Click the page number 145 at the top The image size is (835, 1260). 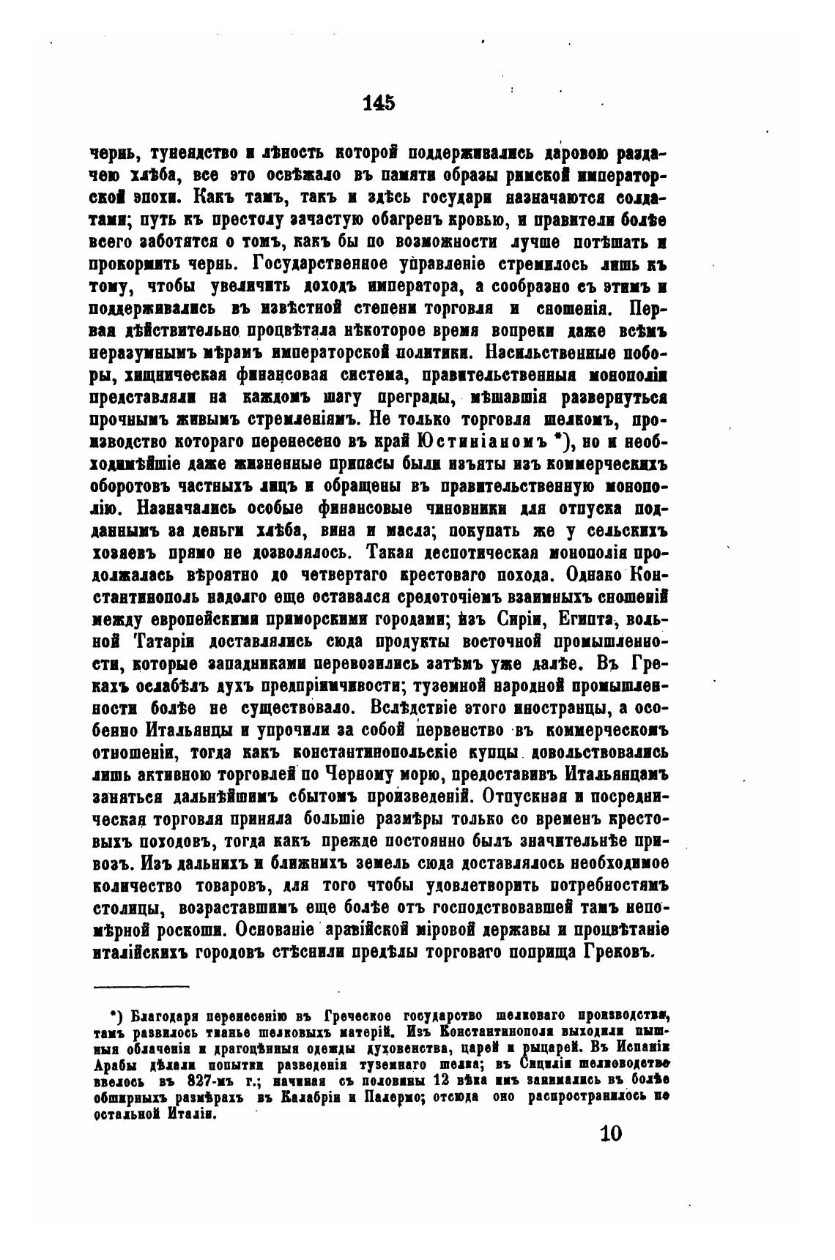(x=379, y=103)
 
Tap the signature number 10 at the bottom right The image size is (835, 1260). (x=610, y=1133)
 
